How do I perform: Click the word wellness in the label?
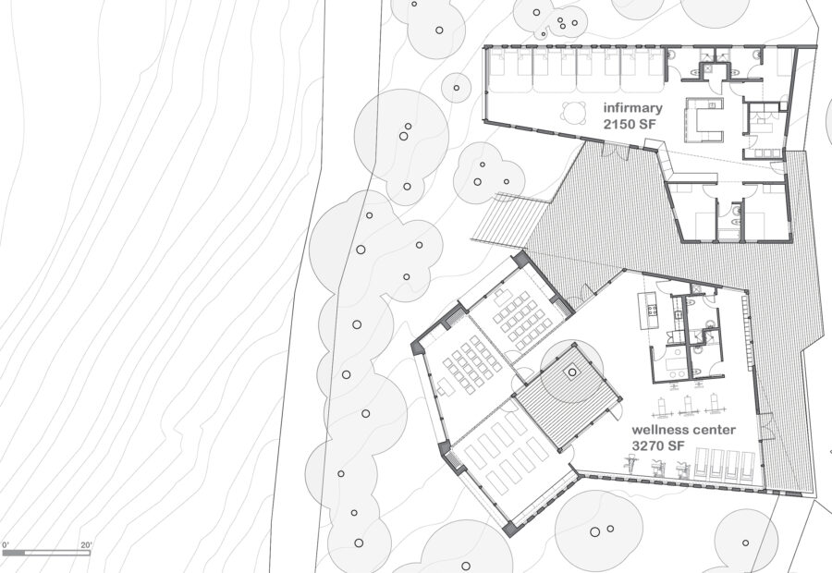(x=658, y=431)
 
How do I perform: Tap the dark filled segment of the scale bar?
(x=14, y=553)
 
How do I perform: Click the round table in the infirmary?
(x=574, y=113)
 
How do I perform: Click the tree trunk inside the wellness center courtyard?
(x=572, y=372)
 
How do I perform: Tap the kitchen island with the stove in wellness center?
(x=647, y=313)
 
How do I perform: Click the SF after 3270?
(x=676, y=446)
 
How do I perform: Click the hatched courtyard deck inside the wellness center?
(x=564, y=393)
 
